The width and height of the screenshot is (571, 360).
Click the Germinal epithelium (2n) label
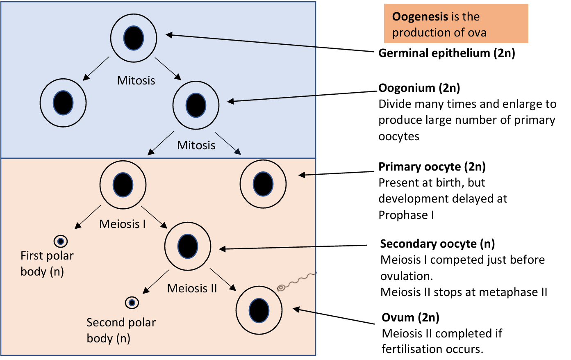(446, 53)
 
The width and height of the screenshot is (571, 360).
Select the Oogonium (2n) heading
(419, 88)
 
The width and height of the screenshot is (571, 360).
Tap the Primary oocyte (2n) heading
(432, 167)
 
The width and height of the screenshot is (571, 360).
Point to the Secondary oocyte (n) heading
(437, 244)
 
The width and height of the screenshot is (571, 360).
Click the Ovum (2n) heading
(410, 318)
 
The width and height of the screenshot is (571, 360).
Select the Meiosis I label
(123, 224)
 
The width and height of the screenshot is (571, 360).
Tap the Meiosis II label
(192, 289)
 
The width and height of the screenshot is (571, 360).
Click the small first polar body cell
(61, 242)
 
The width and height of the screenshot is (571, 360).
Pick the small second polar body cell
(132, 303)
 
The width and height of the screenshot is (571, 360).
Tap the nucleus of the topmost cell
(134, 38)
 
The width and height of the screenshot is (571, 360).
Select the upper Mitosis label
(136, 80)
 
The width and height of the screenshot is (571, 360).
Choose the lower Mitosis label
(196, 146)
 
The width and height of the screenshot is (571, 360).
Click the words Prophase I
(406, 215)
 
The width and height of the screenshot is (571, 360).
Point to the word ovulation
(406, 276)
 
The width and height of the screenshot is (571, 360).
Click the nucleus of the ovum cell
(259, 310)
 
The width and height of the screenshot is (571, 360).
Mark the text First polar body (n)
(47, 264)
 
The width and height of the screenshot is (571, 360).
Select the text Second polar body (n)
(121, 330)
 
